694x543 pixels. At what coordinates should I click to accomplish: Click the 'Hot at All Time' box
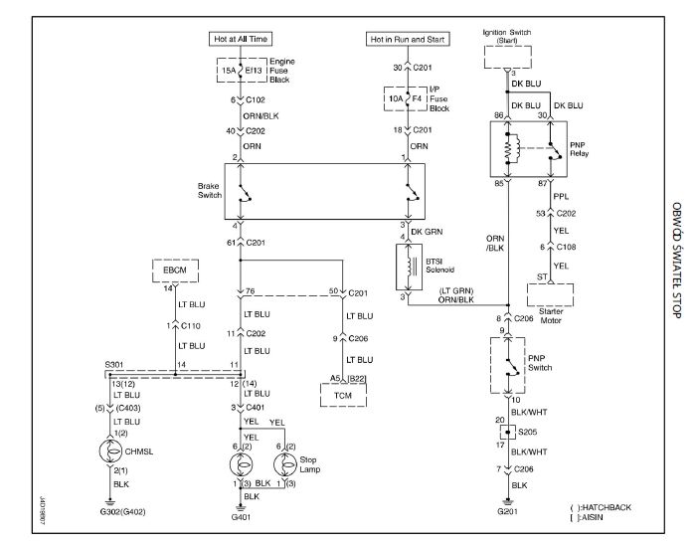[240, 39]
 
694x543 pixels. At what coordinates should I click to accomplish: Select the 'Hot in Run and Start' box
[407, 39]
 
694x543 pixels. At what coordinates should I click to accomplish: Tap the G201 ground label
[508, 513]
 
